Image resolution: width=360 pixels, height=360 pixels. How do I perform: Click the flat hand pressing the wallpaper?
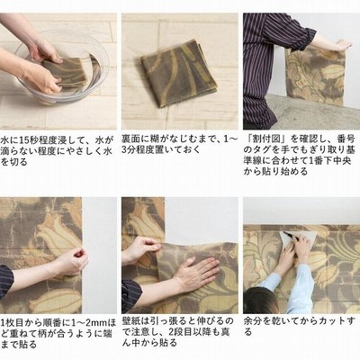pyautogui.click(x=196, y=272)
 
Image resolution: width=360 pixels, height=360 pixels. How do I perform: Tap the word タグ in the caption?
pyautogui.click(x=263, y=149)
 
